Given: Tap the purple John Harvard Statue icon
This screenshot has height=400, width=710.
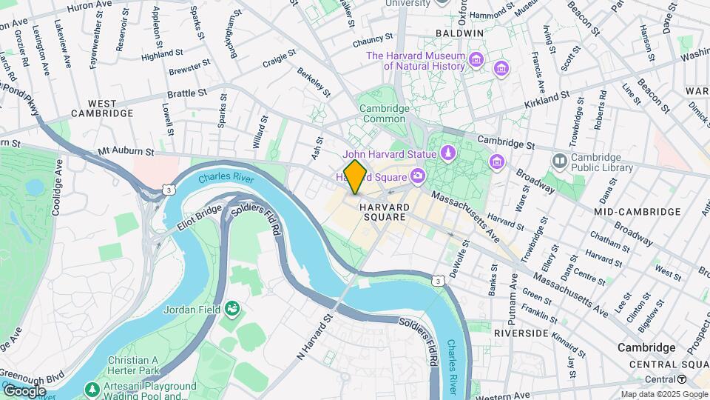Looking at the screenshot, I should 447,153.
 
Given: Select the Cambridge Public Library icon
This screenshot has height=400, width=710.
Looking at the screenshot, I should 560,161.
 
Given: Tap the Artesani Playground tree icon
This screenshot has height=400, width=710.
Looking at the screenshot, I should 92,389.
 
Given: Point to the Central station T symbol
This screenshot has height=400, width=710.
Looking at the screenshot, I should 682,379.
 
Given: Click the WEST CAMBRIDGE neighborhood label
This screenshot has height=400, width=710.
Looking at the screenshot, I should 101,108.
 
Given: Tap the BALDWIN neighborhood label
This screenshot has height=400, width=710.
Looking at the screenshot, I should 459,34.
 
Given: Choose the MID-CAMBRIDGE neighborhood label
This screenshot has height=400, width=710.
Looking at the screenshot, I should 637,212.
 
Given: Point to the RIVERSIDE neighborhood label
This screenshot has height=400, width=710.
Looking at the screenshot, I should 521,333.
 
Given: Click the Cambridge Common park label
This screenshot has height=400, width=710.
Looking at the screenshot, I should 384,113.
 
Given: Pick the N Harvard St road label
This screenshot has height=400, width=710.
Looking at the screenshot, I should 317,336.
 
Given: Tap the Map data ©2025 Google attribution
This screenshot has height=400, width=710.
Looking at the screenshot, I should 664,394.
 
